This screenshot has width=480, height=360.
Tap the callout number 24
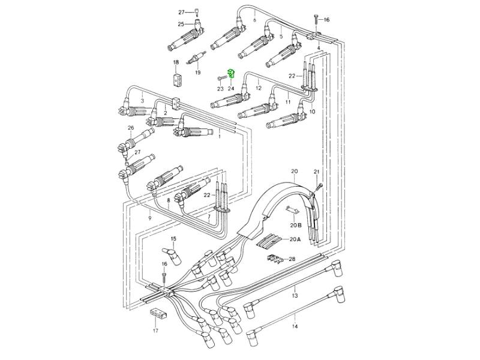pos(231,89)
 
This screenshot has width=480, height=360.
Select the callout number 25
pos(181,24)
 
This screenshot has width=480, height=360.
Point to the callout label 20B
pos(295,225)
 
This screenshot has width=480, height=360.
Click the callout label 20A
pos(295,239)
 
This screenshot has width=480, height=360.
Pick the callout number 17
pos(156,331)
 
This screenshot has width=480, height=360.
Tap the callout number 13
pos(295,296)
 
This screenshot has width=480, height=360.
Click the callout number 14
pos(295,326)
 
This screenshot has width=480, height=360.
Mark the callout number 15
pos(173,238)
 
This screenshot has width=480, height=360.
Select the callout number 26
pos(130,128)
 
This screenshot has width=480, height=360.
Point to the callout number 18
pos(176,62)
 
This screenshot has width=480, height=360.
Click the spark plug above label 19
pos(196,58)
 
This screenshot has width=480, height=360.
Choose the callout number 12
pos(259,88)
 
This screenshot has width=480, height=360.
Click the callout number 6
pos(254,20)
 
